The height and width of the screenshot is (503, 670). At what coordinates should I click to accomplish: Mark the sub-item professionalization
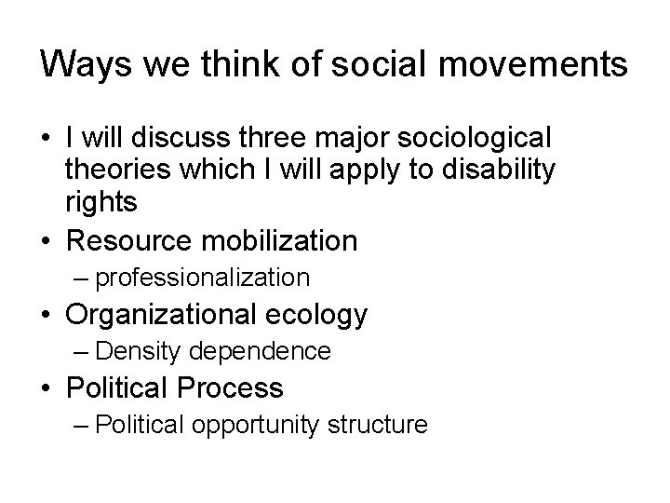[202, 278]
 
